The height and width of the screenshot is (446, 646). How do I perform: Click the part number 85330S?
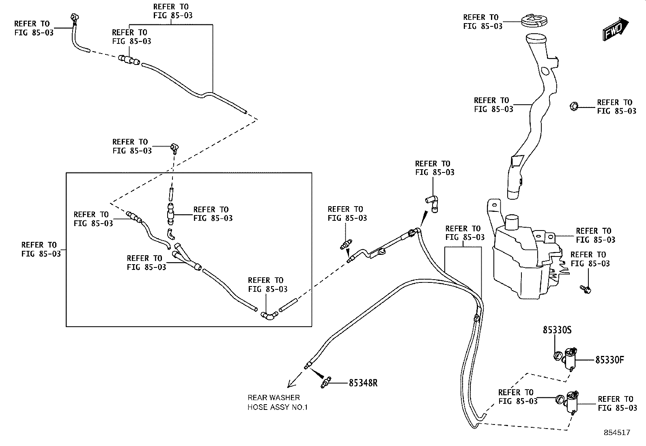557,330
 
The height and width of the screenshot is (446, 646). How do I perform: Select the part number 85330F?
609,360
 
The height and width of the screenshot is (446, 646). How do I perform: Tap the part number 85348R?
363,383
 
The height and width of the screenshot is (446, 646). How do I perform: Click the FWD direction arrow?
616,30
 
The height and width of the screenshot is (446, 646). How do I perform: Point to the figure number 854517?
617,433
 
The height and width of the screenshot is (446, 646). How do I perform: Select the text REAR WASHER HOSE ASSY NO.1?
278,402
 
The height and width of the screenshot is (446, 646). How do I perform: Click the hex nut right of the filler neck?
574,106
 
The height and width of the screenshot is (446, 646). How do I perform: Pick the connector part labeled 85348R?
326,383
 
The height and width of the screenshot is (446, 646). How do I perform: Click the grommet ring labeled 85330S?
558,357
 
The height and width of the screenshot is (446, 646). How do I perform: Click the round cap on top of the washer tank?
512,222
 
